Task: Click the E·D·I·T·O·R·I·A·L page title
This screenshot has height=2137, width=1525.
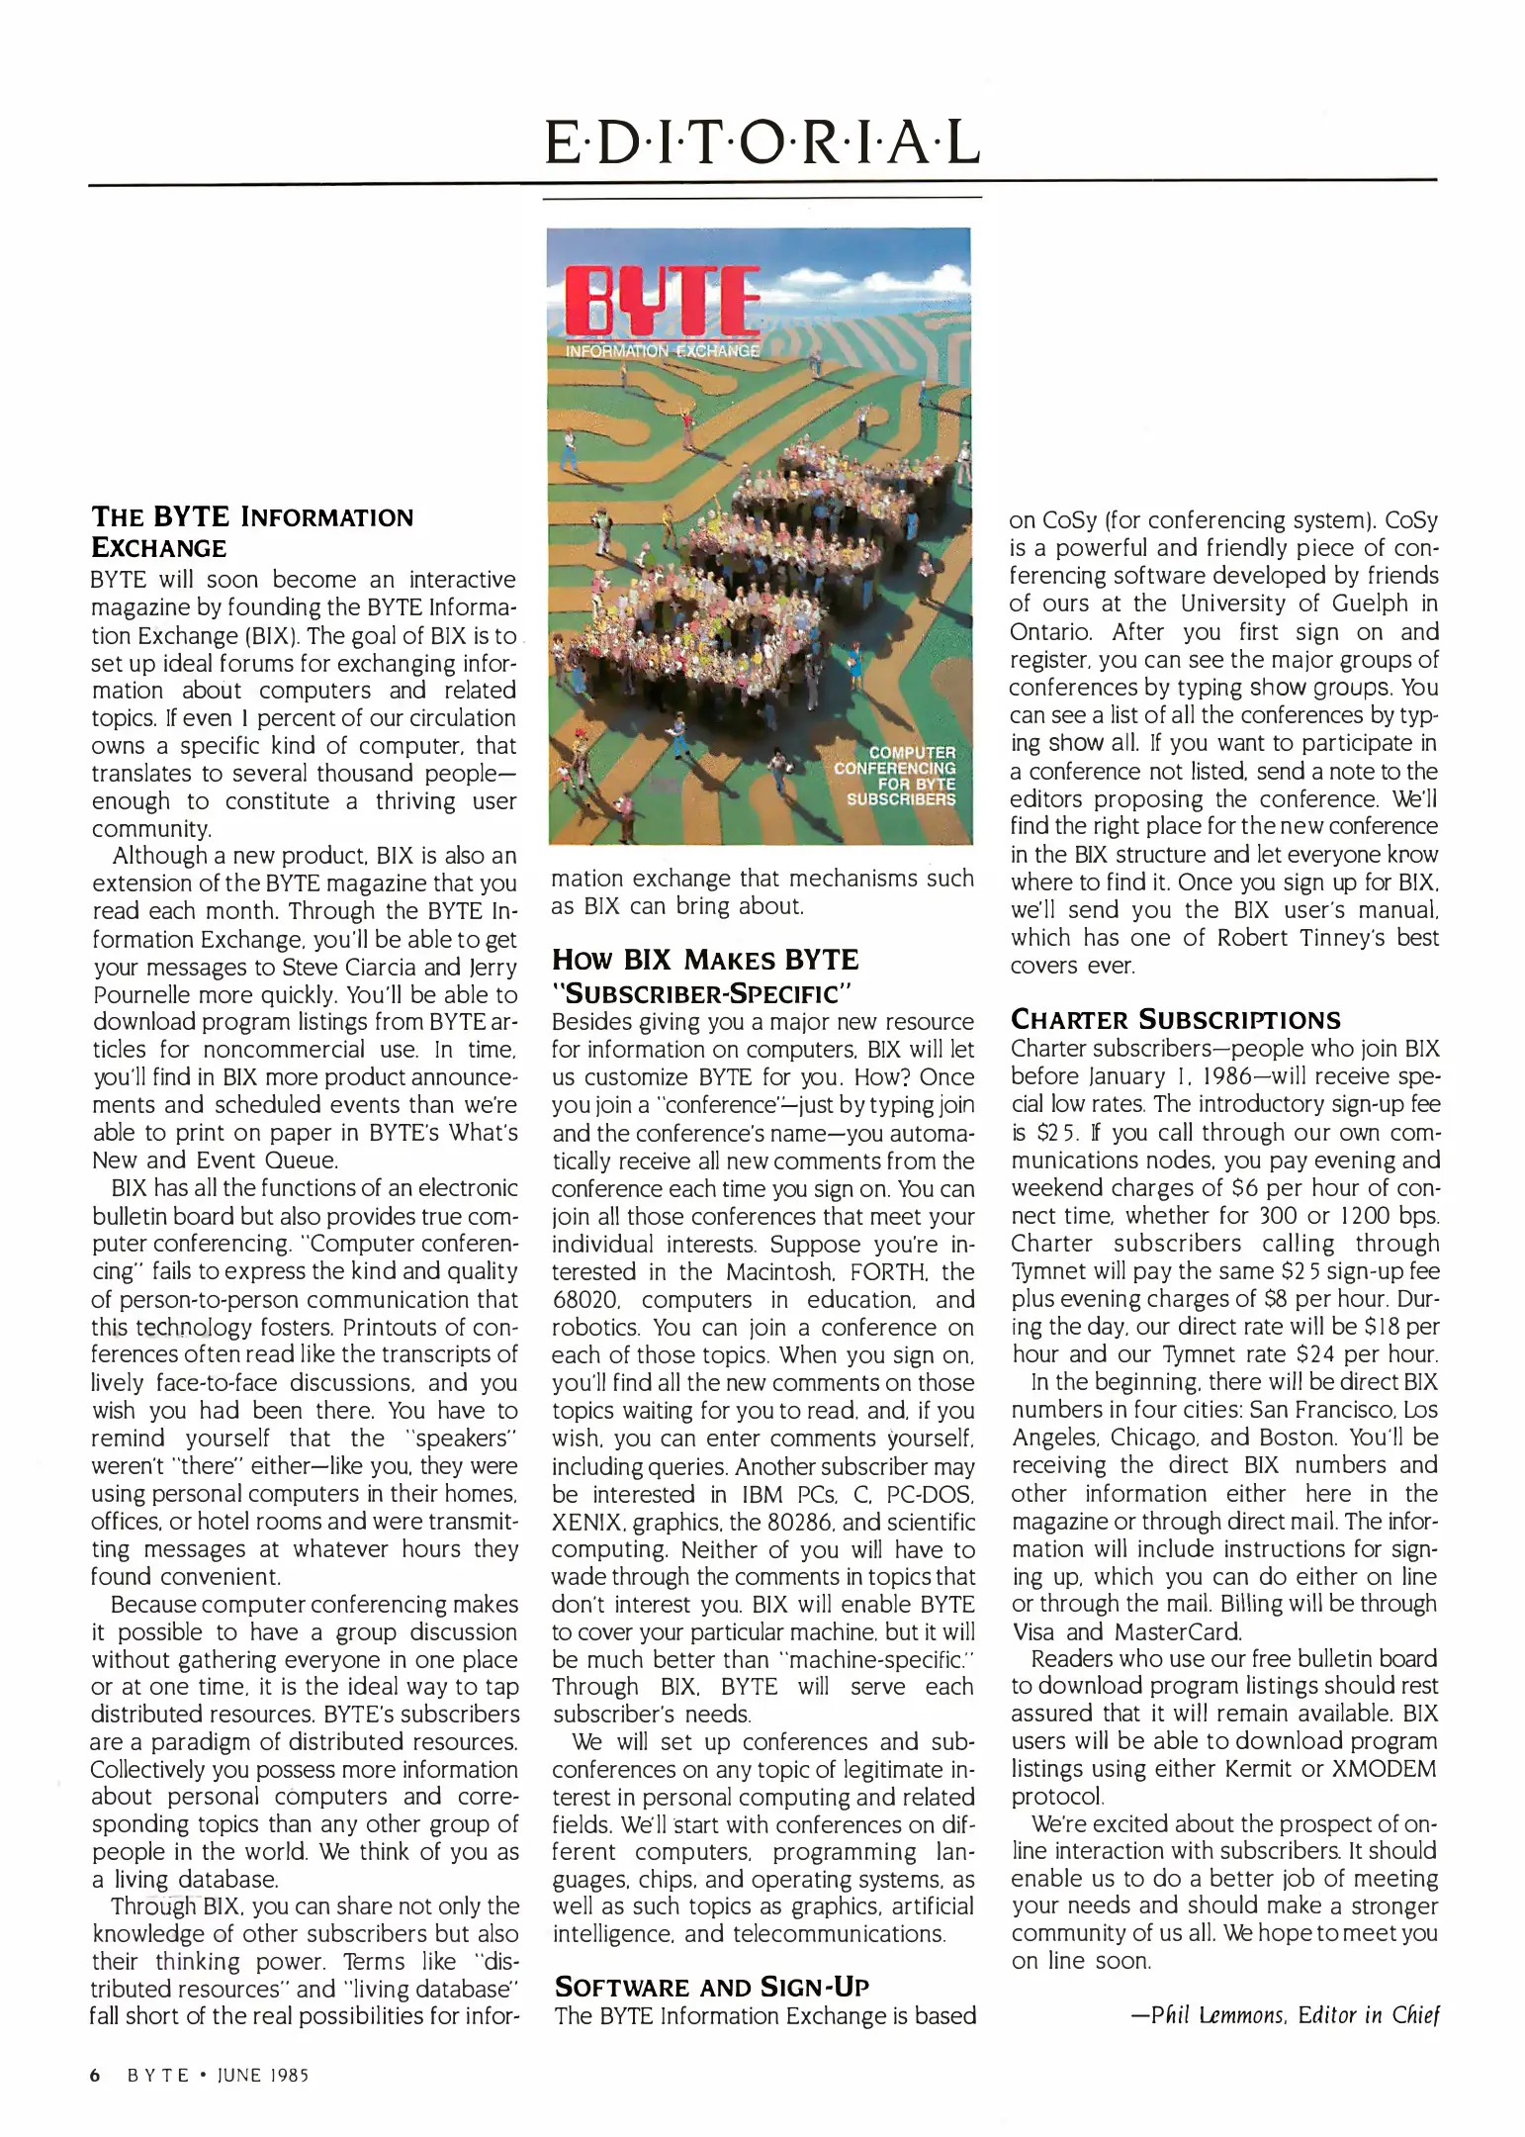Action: [x=762, y=141]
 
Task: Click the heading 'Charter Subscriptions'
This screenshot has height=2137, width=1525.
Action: [x=1175, y=1020]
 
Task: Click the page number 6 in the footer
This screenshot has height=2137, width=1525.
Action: [x=96, y=2076]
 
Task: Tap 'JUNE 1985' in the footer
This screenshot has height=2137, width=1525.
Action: [x=260, y=2076]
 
